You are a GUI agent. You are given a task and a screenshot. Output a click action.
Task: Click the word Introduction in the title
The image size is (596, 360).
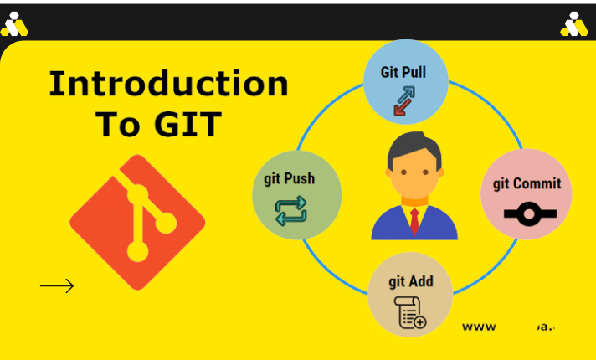[168, 85]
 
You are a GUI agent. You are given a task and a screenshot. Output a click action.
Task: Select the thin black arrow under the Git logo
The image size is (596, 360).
[57, 286]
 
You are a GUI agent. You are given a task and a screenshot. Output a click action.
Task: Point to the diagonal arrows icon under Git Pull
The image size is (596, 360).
[406, 100]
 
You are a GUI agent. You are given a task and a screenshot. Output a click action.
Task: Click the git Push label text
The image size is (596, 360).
[290, 178]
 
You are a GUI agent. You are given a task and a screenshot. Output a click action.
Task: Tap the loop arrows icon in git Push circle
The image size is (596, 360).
[290, 209]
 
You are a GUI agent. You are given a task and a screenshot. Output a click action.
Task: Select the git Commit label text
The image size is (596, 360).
[527, 183]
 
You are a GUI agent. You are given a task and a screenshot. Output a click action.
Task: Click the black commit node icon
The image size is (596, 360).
[527, 215]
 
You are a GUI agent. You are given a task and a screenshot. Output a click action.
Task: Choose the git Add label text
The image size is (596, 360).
[410, 281]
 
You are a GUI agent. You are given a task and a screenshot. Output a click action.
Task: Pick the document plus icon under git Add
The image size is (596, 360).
[410, 312]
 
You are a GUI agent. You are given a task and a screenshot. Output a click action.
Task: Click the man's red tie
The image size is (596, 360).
[414, 221]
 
